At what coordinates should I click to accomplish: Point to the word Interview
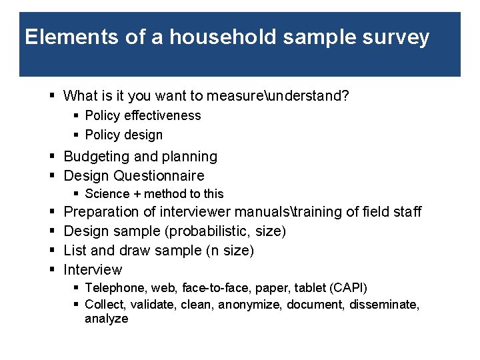(x=93, y=270)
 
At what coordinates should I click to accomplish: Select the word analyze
(x=106, y=319)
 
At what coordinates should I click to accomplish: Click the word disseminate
(x=383, y=305)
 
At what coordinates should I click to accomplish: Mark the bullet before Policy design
(x=76, y=135)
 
